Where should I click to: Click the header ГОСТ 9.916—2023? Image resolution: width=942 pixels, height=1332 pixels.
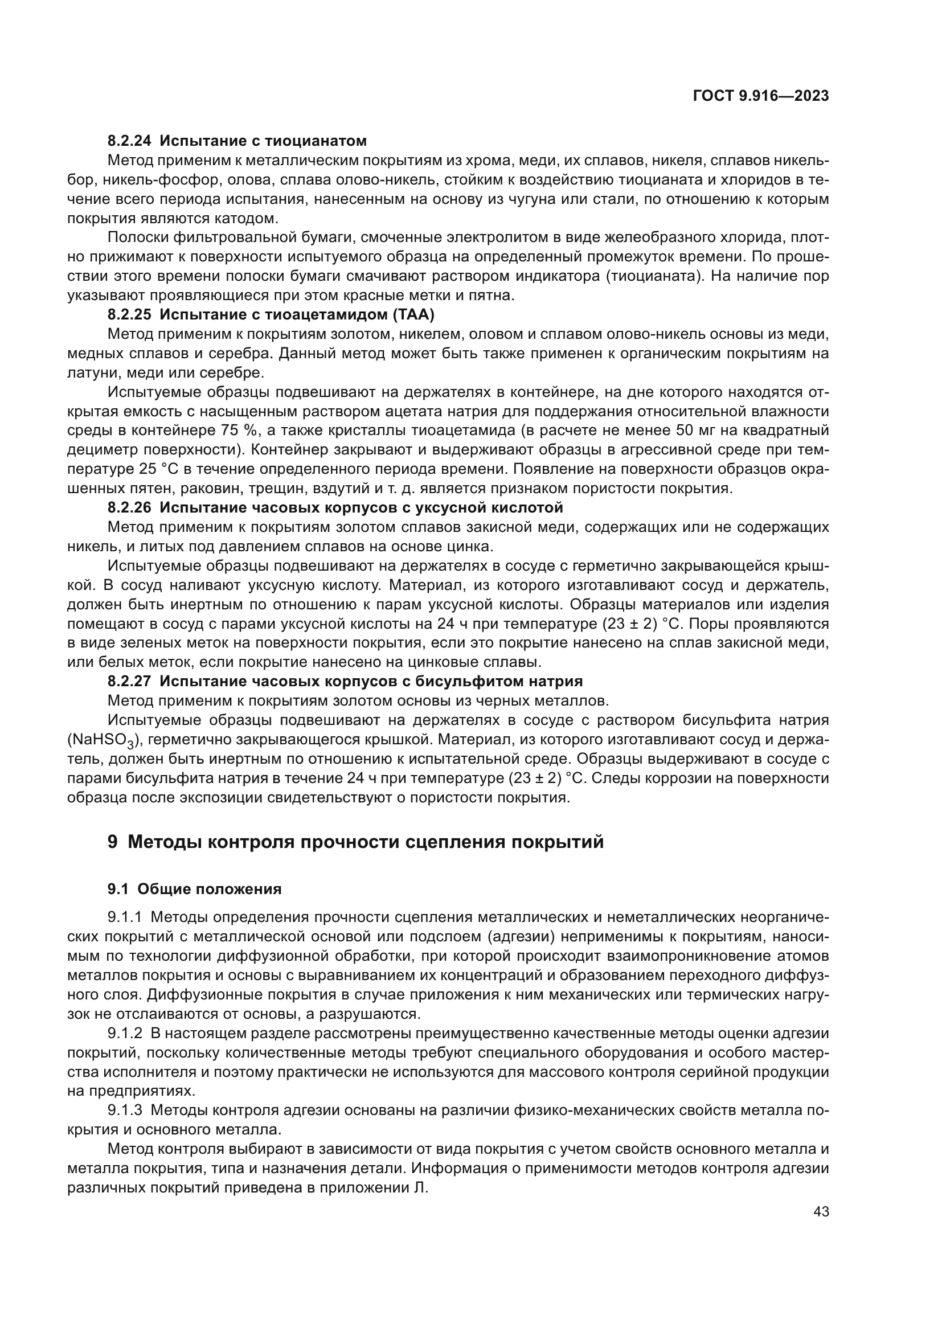pos(760,96)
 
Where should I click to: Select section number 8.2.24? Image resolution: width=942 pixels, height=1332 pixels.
pos(129,141)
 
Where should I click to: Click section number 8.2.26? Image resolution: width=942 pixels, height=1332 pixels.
pos(129,507)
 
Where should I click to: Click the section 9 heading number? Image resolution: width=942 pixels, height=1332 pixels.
pos(113,842)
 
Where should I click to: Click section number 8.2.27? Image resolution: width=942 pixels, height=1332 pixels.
pos(129,681)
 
